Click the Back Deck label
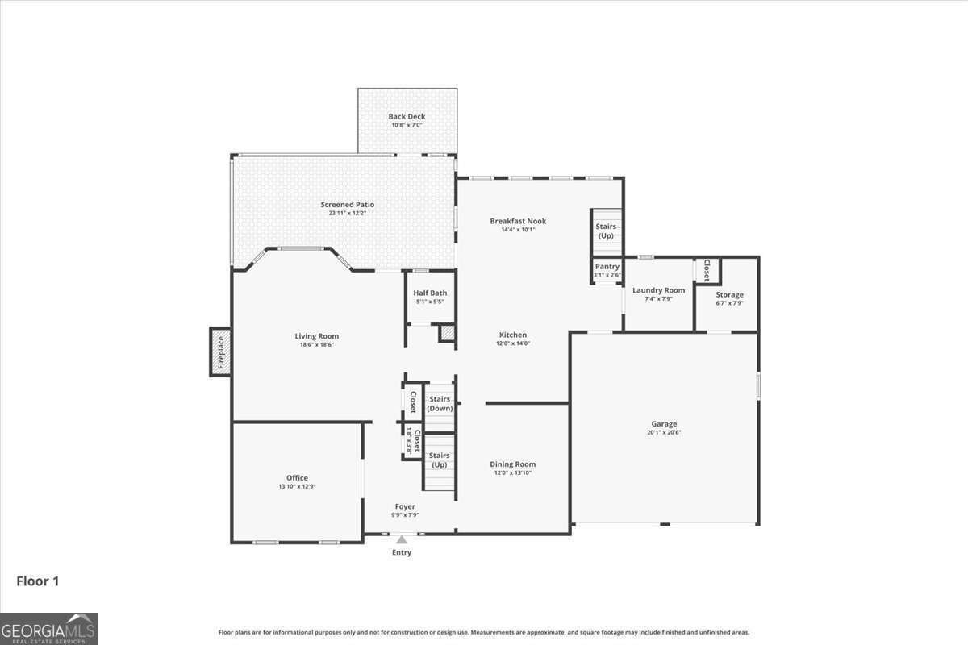coord(407,117)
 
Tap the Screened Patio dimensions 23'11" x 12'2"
coord(347,213)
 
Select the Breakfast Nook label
coord(518,221)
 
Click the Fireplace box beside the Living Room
coord(220,352)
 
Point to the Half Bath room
coord(430,298)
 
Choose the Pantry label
coord(607,267)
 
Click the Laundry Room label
coord(658,290)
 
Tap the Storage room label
coord(729,295)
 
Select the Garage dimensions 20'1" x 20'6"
coord(664,432)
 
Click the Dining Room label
coord(513,464)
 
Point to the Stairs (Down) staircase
coord(440,403)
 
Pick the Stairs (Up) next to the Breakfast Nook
coord(606,231)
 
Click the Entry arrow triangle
coord(402,539)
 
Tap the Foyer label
coord(405,506)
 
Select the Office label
coord(297,478)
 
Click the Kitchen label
coord(513,335)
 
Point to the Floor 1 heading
coord(38,580)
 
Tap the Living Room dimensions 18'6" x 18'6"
coord(317,344)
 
